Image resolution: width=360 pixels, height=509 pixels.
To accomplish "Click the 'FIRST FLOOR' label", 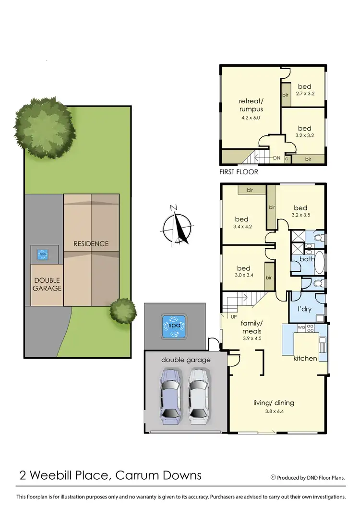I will pyautogui.click(x=239, y=171).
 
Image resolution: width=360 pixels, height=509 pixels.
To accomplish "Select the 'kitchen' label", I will pyautogui.click(x=305, y=358).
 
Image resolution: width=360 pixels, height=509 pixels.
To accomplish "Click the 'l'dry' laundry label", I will pyautogui.click(x=305, y=309).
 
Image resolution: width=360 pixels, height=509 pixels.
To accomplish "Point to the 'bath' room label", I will pyautogui.click(x=306, y=259).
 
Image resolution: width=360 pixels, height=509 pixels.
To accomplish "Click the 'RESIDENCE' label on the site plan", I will pyautogui.click(x=91, y=243).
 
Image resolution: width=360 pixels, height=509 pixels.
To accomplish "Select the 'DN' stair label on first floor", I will pyautogui.click(x=276, y=158).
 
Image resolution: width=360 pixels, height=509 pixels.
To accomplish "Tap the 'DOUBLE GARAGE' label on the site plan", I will pyautogui.click(x=47, y=284).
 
